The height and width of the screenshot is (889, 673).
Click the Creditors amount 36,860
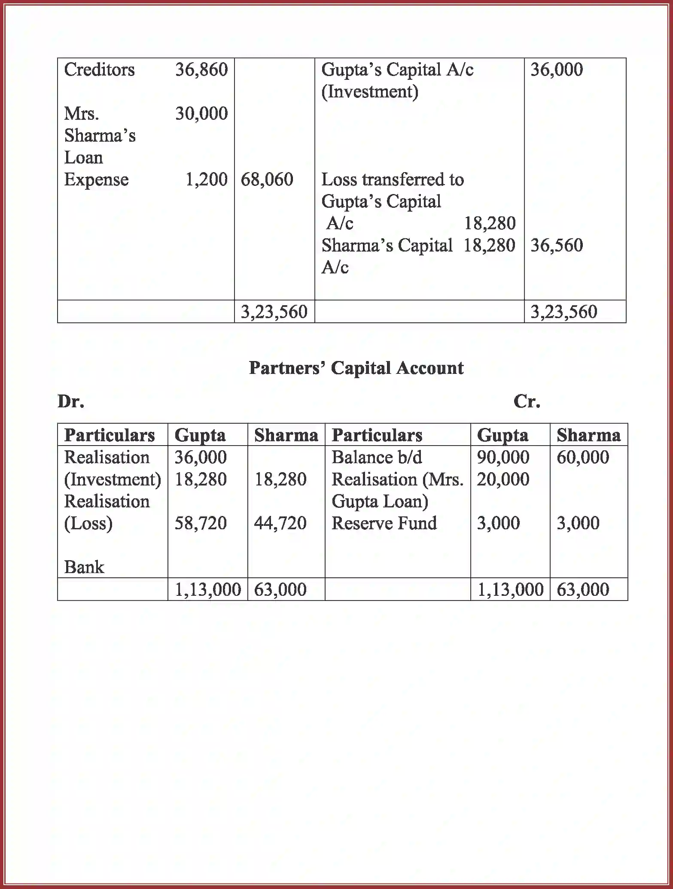click(201, 70)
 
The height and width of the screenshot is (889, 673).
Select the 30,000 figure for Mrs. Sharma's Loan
click(201, 114)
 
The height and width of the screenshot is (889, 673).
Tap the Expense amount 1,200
click(206, 179)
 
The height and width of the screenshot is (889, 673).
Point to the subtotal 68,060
click(267, 179)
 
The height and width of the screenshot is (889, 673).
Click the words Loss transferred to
click(392, 179)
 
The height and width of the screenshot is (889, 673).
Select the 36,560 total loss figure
click(557, 246)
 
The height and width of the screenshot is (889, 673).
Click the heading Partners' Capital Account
click(356, 368)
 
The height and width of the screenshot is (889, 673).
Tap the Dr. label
click(71, 401)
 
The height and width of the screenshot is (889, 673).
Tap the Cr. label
click(527, 401)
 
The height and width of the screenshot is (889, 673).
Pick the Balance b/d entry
click(377, 458)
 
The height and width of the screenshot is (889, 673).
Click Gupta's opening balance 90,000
click(503, 458)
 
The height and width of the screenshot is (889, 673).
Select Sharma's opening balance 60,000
click(583, 458)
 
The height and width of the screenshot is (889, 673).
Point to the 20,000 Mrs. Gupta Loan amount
click(503, 479)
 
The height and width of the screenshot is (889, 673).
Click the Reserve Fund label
click(384, 523)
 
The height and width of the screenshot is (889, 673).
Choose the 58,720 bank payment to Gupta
click(200, 523)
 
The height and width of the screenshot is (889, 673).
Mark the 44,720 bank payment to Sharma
click(280, 523)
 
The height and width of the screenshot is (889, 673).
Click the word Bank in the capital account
click(84, 567)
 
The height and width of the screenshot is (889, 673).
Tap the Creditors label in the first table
click(99, 70)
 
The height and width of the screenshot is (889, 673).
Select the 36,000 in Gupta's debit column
click(200, 458)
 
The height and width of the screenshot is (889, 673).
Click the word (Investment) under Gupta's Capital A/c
click(369, 92)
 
